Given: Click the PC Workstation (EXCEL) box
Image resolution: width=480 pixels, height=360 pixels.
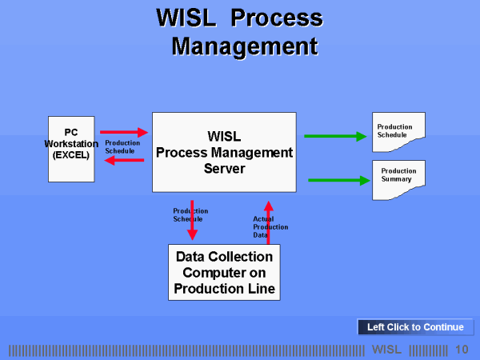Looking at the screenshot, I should coord(71,149).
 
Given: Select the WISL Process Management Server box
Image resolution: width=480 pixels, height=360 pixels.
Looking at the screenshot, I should coord(224,152).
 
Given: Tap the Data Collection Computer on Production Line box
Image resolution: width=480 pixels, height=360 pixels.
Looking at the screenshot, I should coord(224,273).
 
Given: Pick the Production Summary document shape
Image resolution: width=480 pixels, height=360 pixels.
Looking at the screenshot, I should coord(398,178).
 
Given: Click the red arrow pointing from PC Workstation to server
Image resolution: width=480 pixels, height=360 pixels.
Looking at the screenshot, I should coord(124,132).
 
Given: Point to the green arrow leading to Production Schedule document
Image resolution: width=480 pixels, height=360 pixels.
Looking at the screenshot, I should coord(334,136).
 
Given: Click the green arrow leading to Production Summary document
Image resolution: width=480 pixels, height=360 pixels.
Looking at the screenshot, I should coord(337,180).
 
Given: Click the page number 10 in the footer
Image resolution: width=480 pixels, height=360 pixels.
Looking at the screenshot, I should coord(462,350).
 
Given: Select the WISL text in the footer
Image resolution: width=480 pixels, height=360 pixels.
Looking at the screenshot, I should coord(387,350).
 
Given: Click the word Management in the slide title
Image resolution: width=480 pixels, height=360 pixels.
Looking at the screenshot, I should coord(245,46).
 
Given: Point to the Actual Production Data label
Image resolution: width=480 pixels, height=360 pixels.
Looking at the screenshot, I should coord(270,226).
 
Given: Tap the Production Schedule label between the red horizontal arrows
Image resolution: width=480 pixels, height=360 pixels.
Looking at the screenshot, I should coord(122,146).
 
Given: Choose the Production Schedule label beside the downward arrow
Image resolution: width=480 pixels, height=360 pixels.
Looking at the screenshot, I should coord(190,214).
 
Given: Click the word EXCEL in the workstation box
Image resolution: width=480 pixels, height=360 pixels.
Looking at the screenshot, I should coord(71,155).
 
